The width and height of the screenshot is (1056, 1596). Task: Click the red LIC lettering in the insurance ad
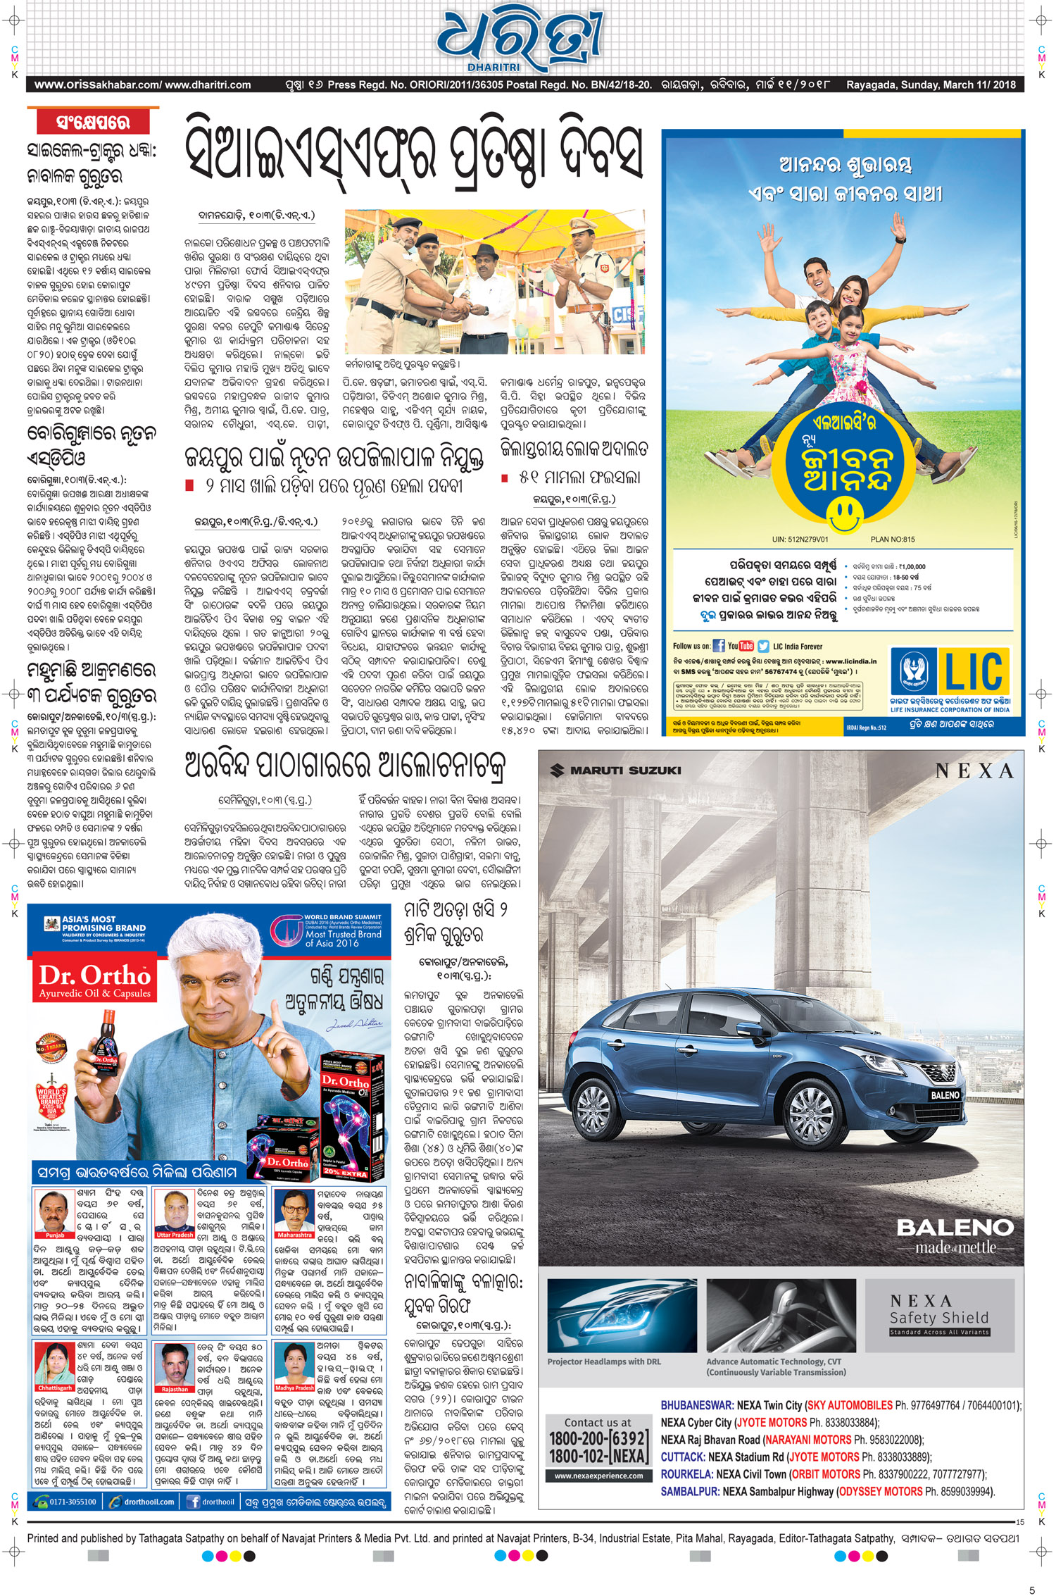point(974,672)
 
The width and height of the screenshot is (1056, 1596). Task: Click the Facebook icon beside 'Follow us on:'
point(719,646)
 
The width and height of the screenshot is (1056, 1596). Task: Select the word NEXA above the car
point(974,772)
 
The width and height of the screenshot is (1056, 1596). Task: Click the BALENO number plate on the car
point(945,1095)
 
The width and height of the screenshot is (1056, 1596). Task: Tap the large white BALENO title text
point(955,1228)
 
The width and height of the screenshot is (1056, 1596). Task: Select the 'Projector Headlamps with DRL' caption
point(604,1361)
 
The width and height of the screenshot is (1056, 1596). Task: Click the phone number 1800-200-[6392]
point(597,1438)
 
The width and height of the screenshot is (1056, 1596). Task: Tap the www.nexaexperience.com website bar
point(598,1476)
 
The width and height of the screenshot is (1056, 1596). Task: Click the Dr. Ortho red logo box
point(94,981)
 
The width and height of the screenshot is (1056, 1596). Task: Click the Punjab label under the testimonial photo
point(55,1235)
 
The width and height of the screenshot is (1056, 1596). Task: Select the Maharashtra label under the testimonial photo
point(294,1235)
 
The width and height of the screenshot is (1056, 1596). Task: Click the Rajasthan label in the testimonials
point(175,1390)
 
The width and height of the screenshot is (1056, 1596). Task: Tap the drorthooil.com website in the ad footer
point(148,1502)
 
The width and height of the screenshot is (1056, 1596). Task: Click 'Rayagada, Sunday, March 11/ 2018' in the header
point(931,85)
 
